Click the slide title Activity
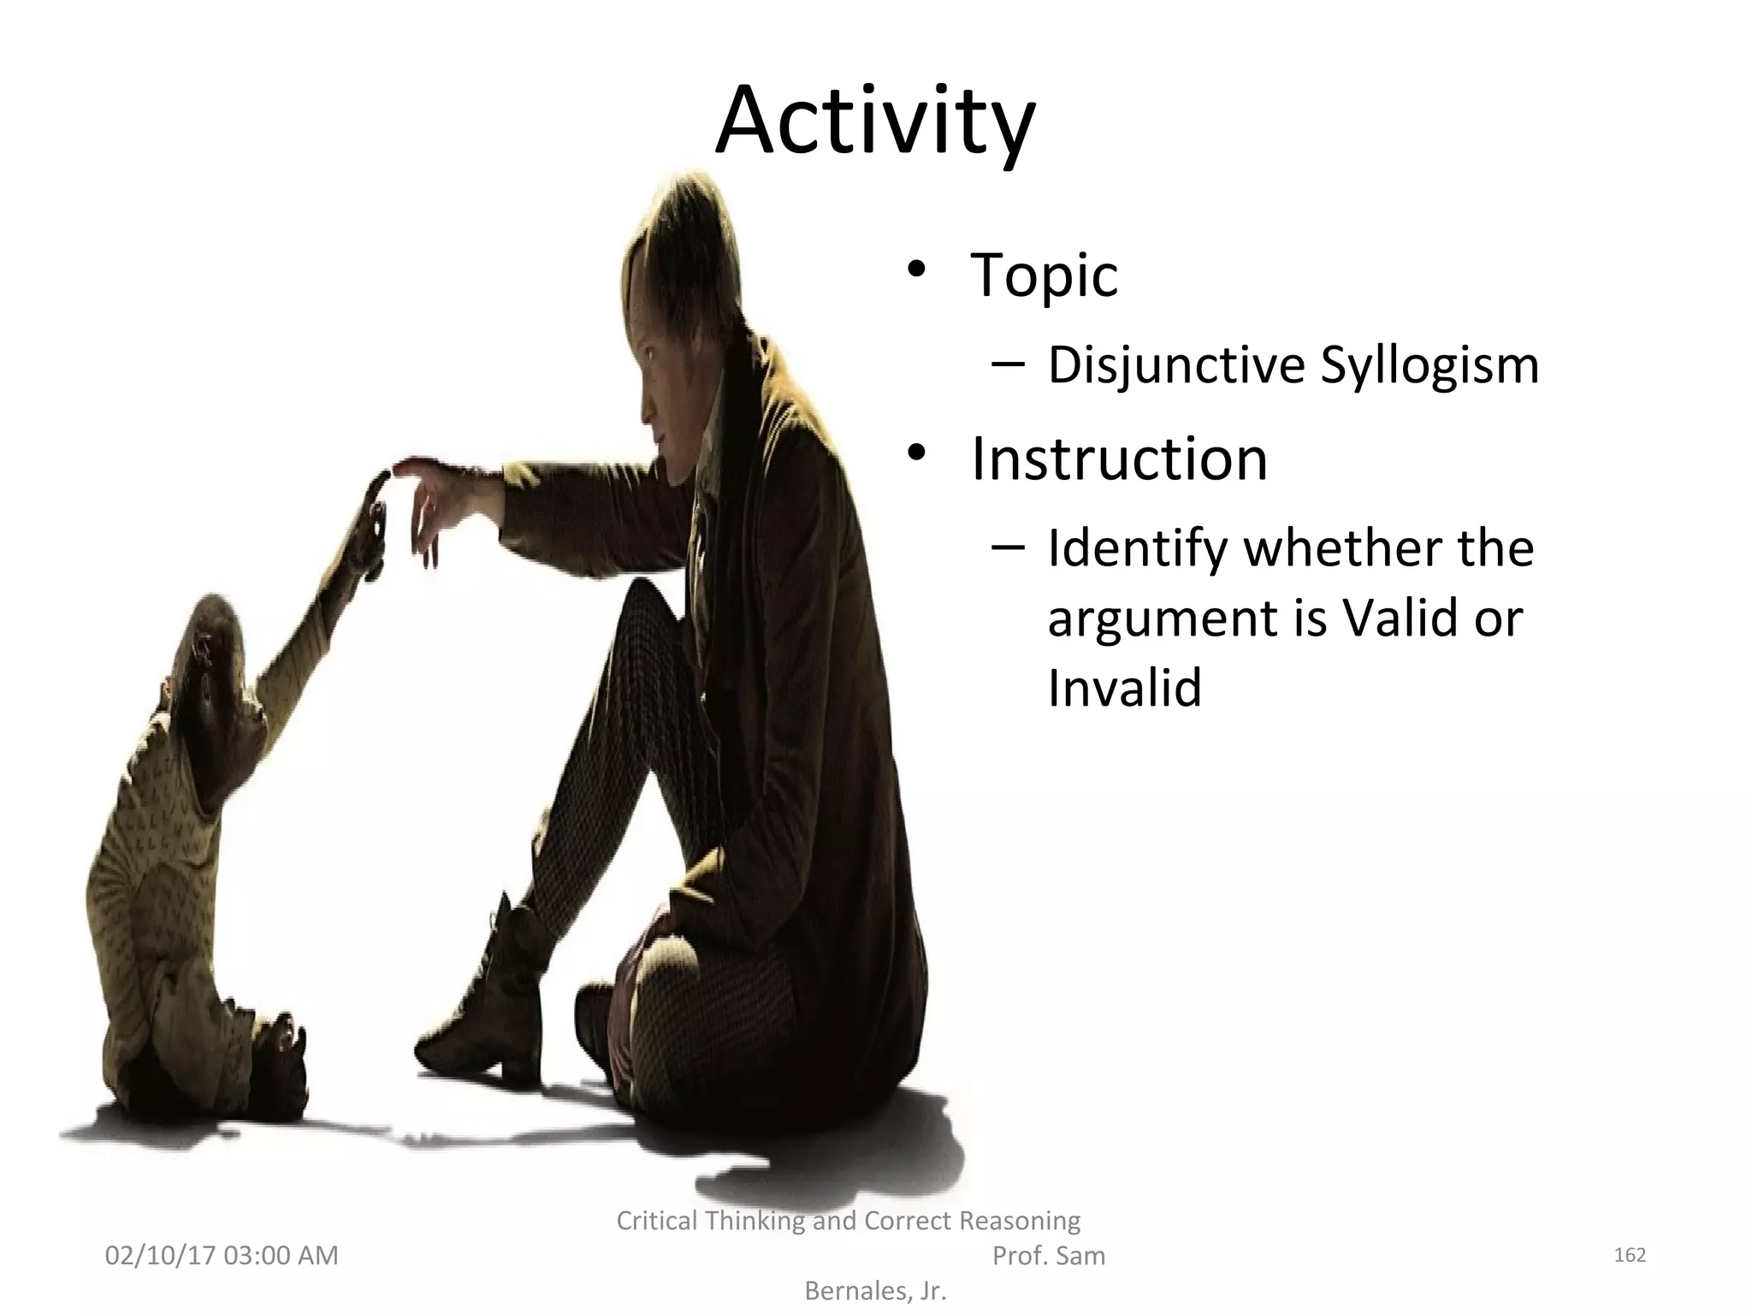click(x=874, y=122)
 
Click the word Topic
click(x=1044, y=275)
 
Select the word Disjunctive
click(x=1176, y=365)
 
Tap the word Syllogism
click(x=1429, y=365)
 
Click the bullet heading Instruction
click(x=1119, y=459)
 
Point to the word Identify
click(x=1138, y=548)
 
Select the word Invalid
click(x=1124, y=687)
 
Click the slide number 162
click(x=1629, y=1255)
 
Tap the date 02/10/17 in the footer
click(x=160, y=1256)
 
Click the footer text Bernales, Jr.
click(x=875, y=1291)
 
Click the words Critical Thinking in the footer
click(x=710, y=1221)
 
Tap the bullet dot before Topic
click(x=917, y=271)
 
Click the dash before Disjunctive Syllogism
click(x=1009, y=365)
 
